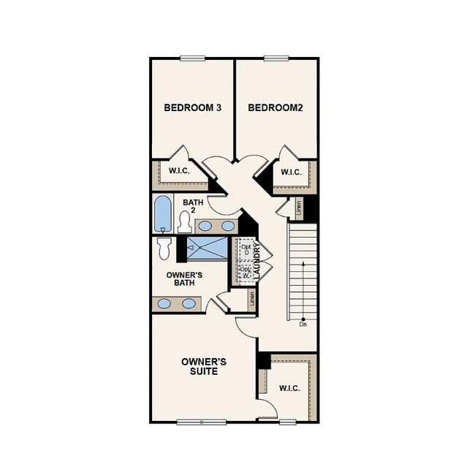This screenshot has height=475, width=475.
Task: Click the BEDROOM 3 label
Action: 192,107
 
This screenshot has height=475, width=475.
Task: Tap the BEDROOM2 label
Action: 275,107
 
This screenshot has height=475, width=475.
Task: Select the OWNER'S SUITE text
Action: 204,366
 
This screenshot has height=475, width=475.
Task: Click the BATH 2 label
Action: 193,206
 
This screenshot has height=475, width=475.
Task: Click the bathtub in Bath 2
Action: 162,213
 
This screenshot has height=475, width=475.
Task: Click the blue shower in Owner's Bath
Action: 208,248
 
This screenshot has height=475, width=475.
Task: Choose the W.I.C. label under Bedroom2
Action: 292,173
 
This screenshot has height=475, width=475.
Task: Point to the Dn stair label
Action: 303,324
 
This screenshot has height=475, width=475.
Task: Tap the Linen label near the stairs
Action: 299,209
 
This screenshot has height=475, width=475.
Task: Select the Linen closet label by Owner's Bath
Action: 251,300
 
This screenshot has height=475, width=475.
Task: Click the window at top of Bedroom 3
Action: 192,58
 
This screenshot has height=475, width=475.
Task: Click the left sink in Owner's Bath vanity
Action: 165,303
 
